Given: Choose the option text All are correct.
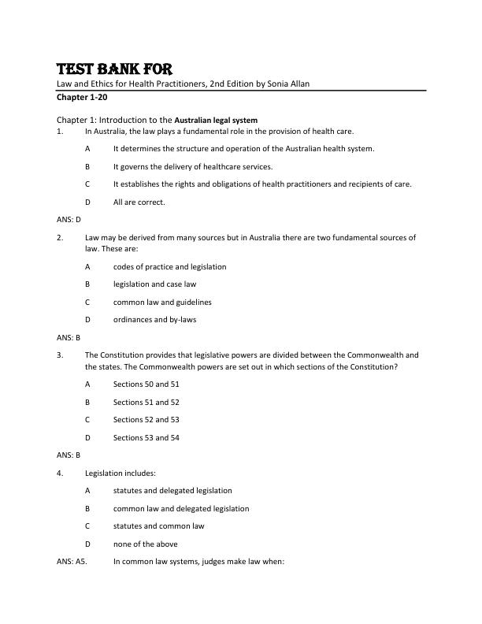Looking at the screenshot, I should click(139, 202).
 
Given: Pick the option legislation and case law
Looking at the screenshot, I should click(154, 284).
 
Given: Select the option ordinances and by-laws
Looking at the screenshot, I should click(155, 319).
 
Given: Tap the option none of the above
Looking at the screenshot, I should click(145, 544).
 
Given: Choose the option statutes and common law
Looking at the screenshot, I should click(158, 526).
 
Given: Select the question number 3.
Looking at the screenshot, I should click(60, 355).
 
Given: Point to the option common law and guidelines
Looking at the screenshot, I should click(162, 302).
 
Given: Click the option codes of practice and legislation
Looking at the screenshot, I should click(169, 266).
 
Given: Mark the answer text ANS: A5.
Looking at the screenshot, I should click(73, 562).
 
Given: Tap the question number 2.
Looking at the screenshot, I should click(60, 236).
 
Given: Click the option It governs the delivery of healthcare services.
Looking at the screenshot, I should click(193, 166).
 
